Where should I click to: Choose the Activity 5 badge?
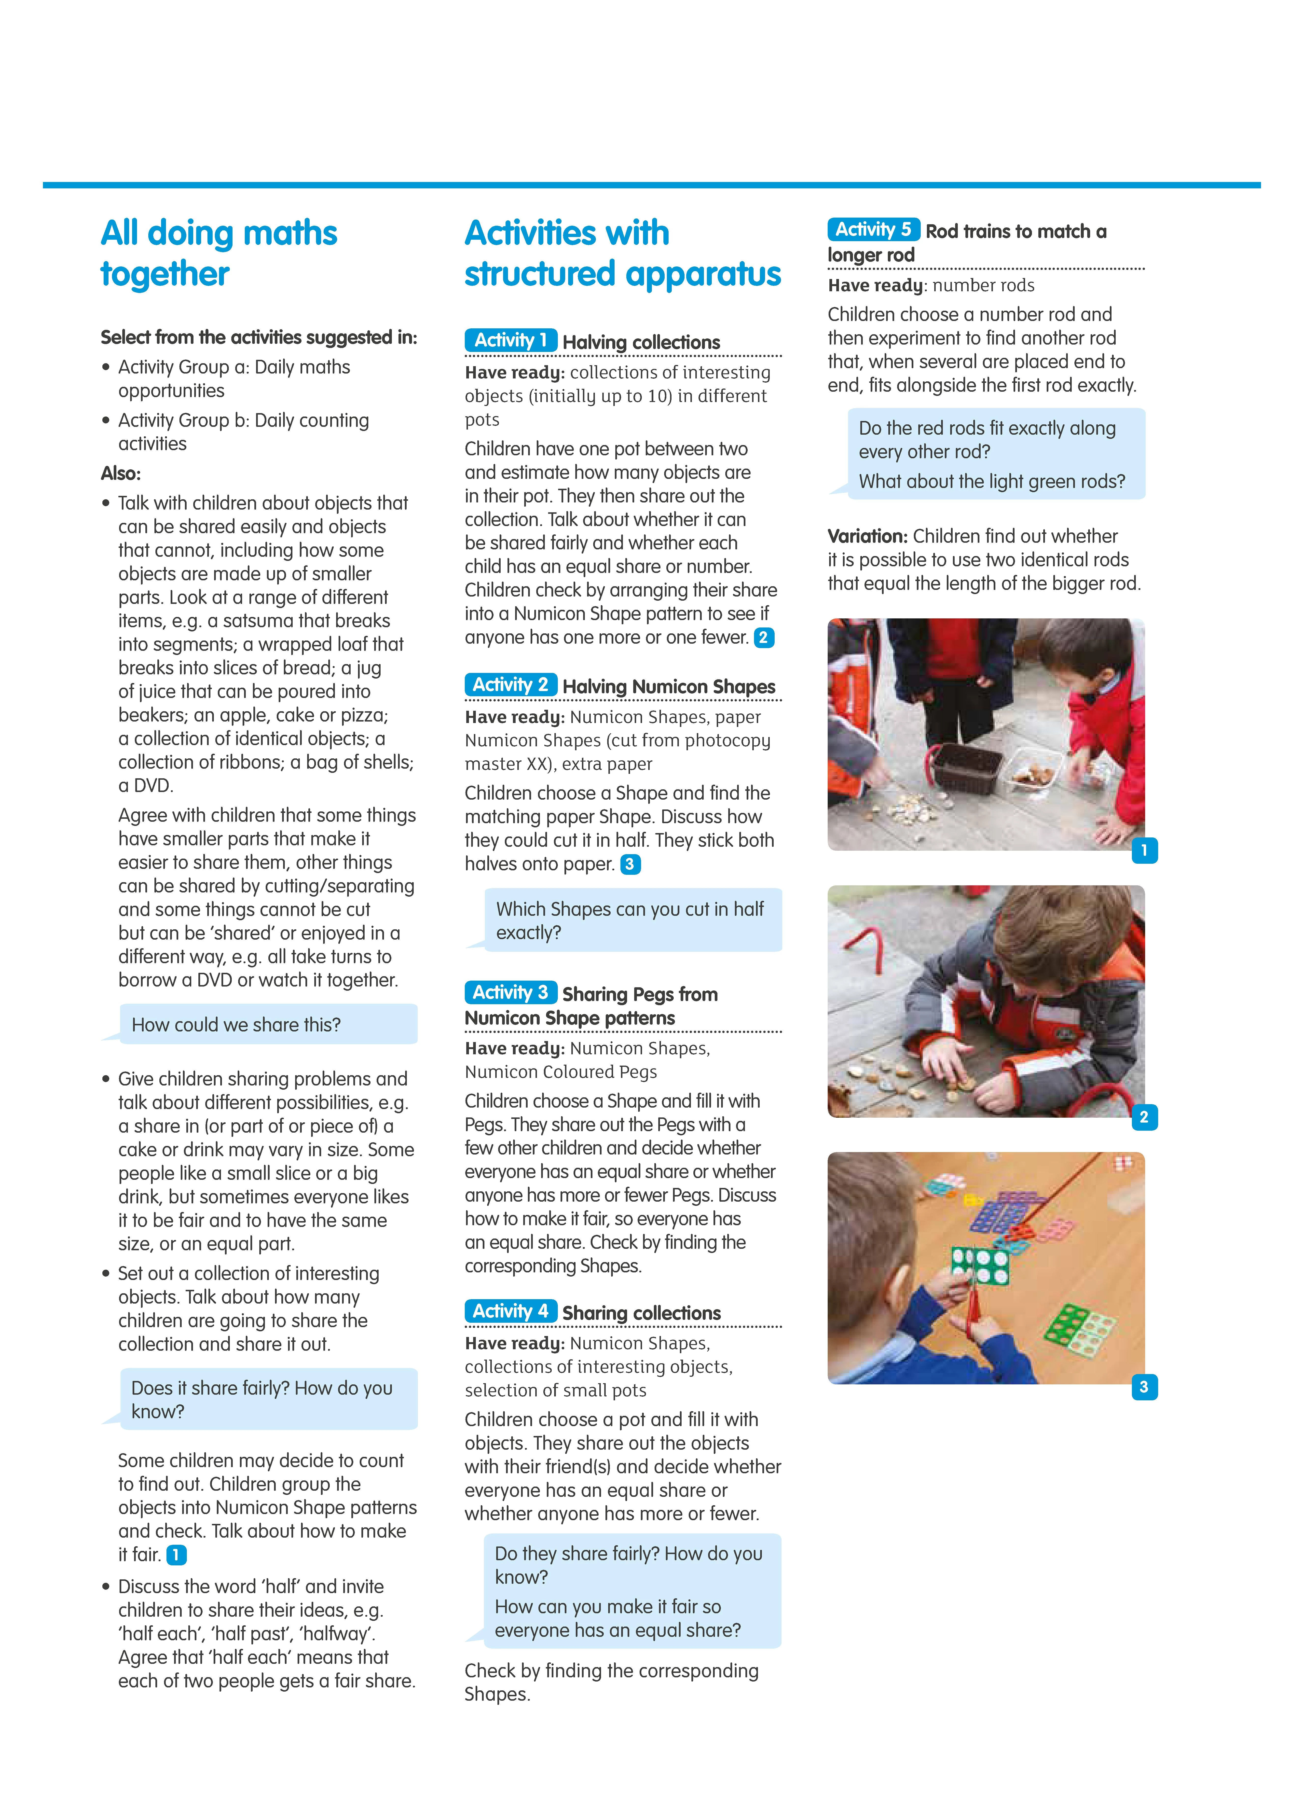(873, 230)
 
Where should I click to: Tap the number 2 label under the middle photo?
(1144, 1117)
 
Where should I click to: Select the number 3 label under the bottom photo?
(1144, 1387)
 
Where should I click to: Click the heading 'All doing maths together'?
(219, 253)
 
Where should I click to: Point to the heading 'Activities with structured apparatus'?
(622, 253)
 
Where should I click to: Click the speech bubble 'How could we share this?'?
(268, 1024)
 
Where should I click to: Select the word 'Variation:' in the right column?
(868, 536)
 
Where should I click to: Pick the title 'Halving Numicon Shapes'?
(668, 687)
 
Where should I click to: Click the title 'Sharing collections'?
(641, 1313)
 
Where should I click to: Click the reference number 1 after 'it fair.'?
(176, 1555)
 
